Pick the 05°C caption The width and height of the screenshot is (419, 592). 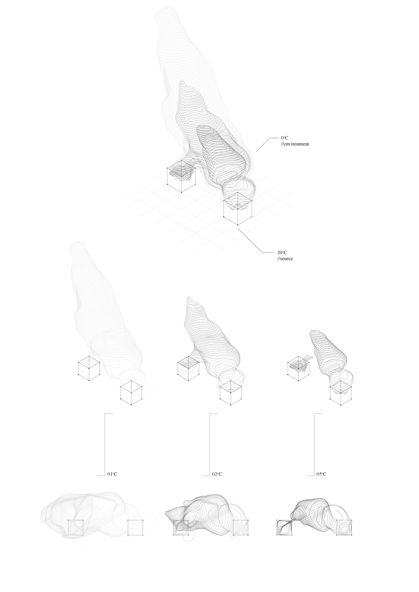click(321, 474)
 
